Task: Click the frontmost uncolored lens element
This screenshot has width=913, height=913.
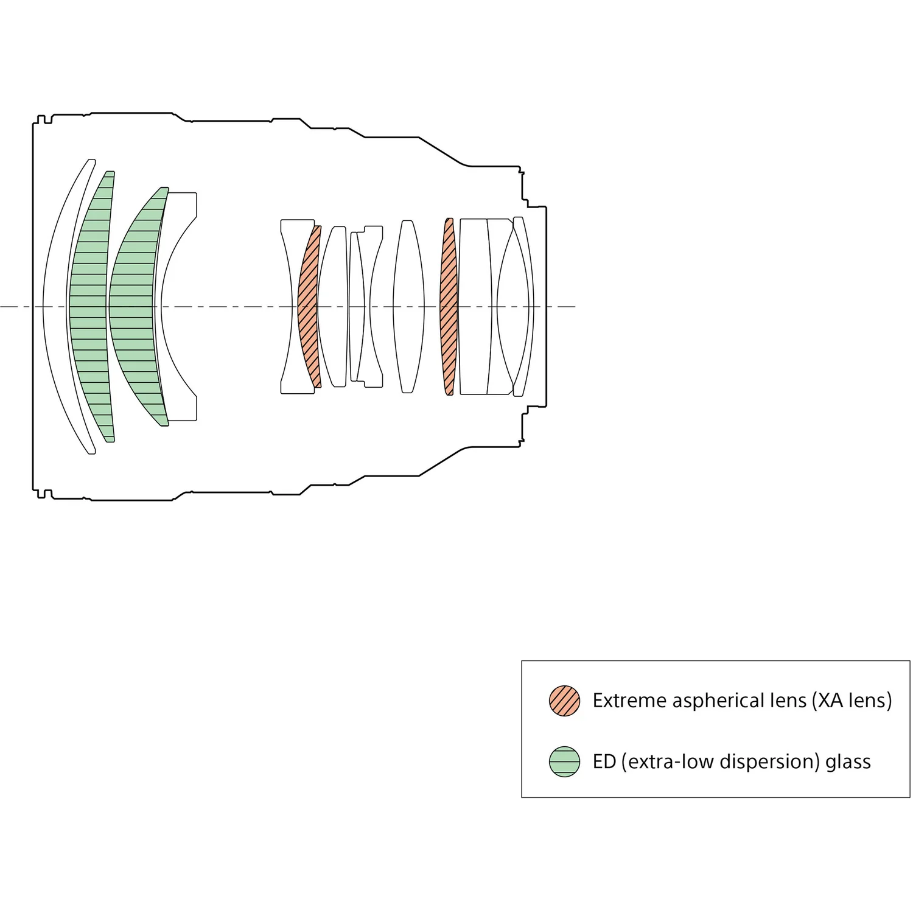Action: click(x=54, y=306)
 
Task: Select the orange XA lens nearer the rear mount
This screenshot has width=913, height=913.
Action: click(x=449, y=306)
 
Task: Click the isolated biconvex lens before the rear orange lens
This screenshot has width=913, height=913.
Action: click(x=408, y=306)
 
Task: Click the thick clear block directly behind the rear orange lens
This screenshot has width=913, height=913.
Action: click(x=474, y=306)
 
